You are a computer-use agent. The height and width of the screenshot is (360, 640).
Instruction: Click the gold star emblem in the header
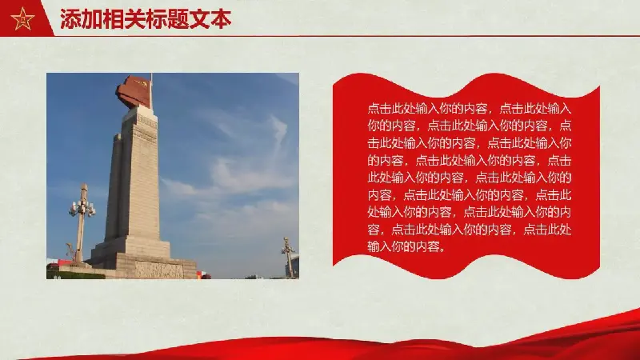[23, 18]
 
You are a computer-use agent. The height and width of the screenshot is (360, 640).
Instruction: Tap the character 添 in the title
[70, 19]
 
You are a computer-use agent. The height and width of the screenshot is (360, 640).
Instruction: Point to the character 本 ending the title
[221, 19]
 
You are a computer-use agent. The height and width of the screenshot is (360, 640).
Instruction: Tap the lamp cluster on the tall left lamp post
[82, 208]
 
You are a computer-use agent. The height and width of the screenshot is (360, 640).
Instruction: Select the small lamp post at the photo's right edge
[289, 257]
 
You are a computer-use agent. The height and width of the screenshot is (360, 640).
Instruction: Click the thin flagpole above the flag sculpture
[151, 90]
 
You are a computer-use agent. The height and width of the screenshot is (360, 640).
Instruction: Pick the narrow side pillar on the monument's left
[114, 187]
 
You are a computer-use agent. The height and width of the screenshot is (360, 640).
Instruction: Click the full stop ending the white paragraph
[442, 249]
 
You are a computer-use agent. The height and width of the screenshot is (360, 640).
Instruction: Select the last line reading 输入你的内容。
[406, 246]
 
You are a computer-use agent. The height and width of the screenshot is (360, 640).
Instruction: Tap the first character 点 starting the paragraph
[374, 109]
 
